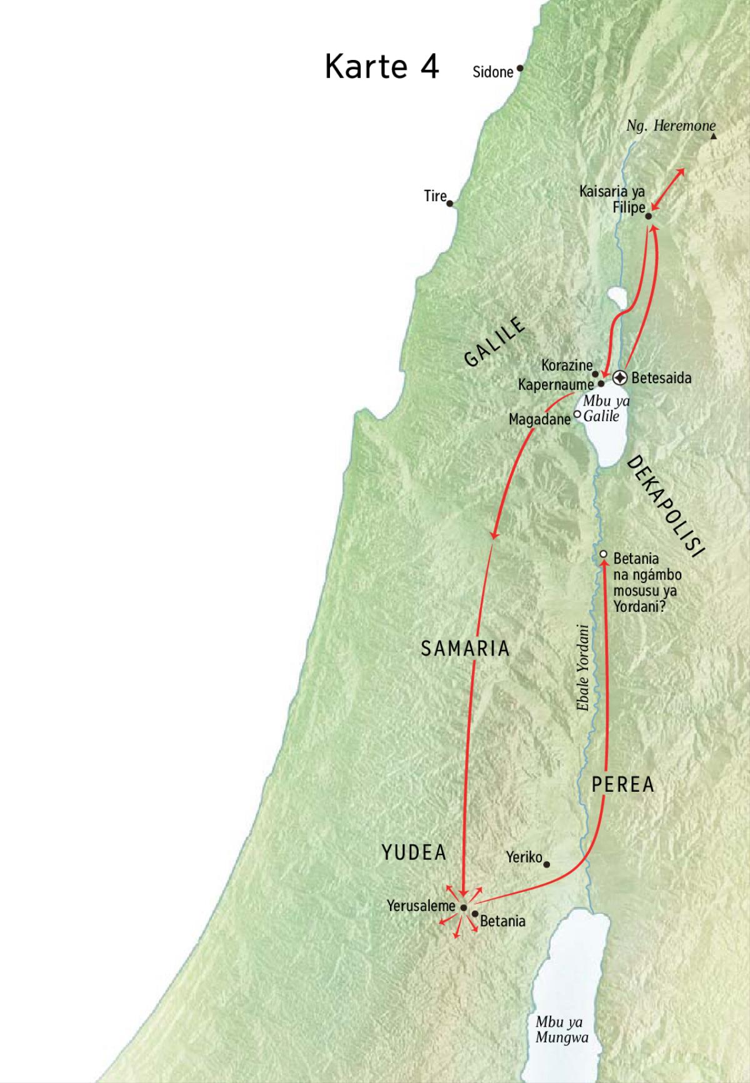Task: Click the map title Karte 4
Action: pos(381,67)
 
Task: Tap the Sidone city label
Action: pos(492,72)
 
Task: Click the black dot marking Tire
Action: pos(450,203)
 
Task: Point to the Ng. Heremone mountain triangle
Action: pos(713,136)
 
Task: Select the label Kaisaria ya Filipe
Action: pos(612,199)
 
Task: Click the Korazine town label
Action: pos(566,364)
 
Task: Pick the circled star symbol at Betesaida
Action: pos(619,377)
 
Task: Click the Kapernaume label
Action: pos(555,385)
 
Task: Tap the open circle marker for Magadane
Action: pos(577,414)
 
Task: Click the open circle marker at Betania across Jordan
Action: pos(603,554)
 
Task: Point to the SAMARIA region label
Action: pos(465,649)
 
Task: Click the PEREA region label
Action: pos(622,784)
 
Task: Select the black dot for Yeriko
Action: pos(546,865)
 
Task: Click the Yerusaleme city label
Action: pos(421,906)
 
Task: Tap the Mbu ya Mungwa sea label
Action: pos(561,1030)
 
